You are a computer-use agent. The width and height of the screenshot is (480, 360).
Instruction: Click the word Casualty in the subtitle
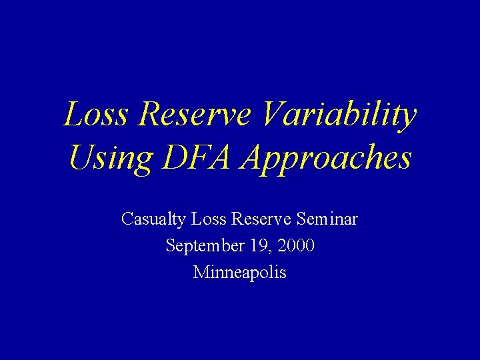pyautogui.click(x=153, y=219)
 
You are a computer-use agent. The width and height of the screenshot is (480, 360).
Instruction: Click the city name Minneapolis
pyautogui.click(x=239, y=273)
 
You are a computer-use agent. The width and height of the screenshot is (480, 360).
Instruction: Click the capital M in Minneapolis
pyautogui.click(x=200, y=273)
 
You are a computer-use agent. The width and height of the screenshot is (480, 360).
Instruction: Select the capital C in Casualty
pyautogui.click(x=127, y=219)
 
